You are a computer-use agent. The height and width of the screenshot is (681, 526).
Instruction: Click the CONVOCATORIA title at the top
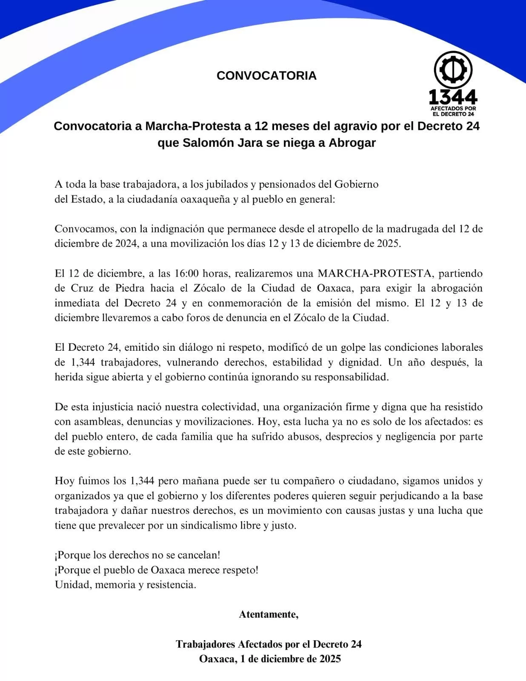click(x=266, y=76)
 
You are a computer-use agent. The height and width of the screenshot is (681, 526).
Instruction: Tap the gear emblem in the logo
click(x=453, y=70)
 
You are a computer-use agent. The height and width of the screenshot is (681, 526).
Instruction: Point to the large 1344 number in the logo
click(x=453, y=97)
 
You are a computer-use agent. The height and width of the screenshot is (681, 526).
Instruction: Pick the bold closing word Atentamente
click(x=268, y=614)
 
